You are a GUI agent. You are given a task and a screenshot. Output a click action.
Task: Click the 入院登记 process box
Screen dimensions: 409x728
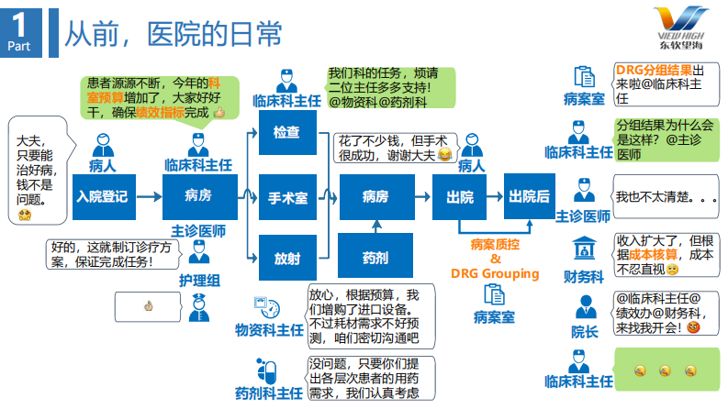pos(102,195)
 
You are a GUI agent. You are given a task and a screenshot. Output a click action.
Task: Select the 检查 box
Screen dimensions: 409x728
pos(286,132)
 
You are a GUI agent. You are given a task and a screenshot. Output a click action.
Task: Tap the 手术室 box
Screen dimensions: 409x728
pos(286,196)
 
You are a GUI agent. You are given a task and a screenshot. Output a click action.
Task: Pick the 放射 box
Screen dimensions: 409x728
pos(286,258)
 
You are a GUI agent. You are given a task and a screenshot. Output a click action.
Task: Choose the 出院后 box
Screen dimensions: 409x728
pos(530,195)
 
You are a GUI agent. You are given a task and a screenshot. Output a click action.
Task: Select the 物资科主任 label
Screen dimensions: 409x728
pos(268,329)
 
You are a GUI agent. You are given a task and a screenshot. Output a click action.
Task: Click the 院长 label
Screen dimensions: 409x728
pos(584,331)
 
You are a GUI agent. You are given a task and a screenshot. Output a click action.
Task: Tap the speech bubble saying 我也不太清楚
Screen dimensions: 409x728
pos(664,196)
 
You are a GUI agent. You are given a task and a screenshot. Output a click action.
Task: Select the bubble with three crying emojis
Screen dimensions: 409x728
pos(666,371)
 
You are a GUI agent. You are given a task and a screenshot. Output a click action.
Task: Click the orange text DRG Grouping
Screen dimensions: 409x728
pos(495,273)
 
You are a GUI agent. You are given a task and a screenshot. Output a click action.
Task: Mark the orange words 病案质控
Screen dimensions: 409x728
pos(495,245)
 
